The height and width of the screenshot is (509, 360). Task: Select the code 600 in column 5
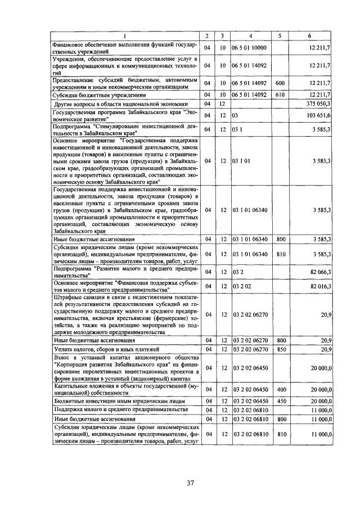(x=280, y=83)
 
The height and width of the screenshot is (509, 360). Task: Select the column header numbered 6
(x=309, y=36)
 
